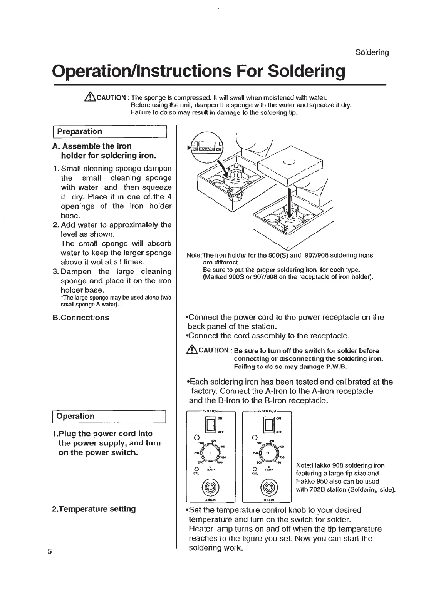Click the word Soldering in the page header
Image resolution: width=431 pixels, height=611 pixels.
point(372,52)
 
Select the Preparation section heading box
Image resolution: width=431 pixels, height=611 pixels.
point(110,131)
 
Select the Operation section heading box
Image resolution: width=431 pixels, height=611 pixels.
point(109,416)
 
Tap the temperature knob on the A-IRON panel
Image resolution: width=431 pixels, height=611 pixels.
point(210,452)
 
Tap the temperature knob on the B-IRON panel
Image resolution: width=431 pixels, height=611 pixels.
point(267,452)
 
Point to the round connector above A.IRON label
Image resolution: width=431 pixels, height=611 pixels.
point(210,487)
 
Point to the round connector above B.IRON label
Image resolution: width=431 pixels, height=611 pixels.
point(267,487)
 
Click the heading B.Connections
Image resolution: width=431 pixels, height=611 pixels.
point(80,318)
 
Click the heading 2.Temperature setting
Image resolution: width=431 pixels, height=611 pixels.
point(94,509)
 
